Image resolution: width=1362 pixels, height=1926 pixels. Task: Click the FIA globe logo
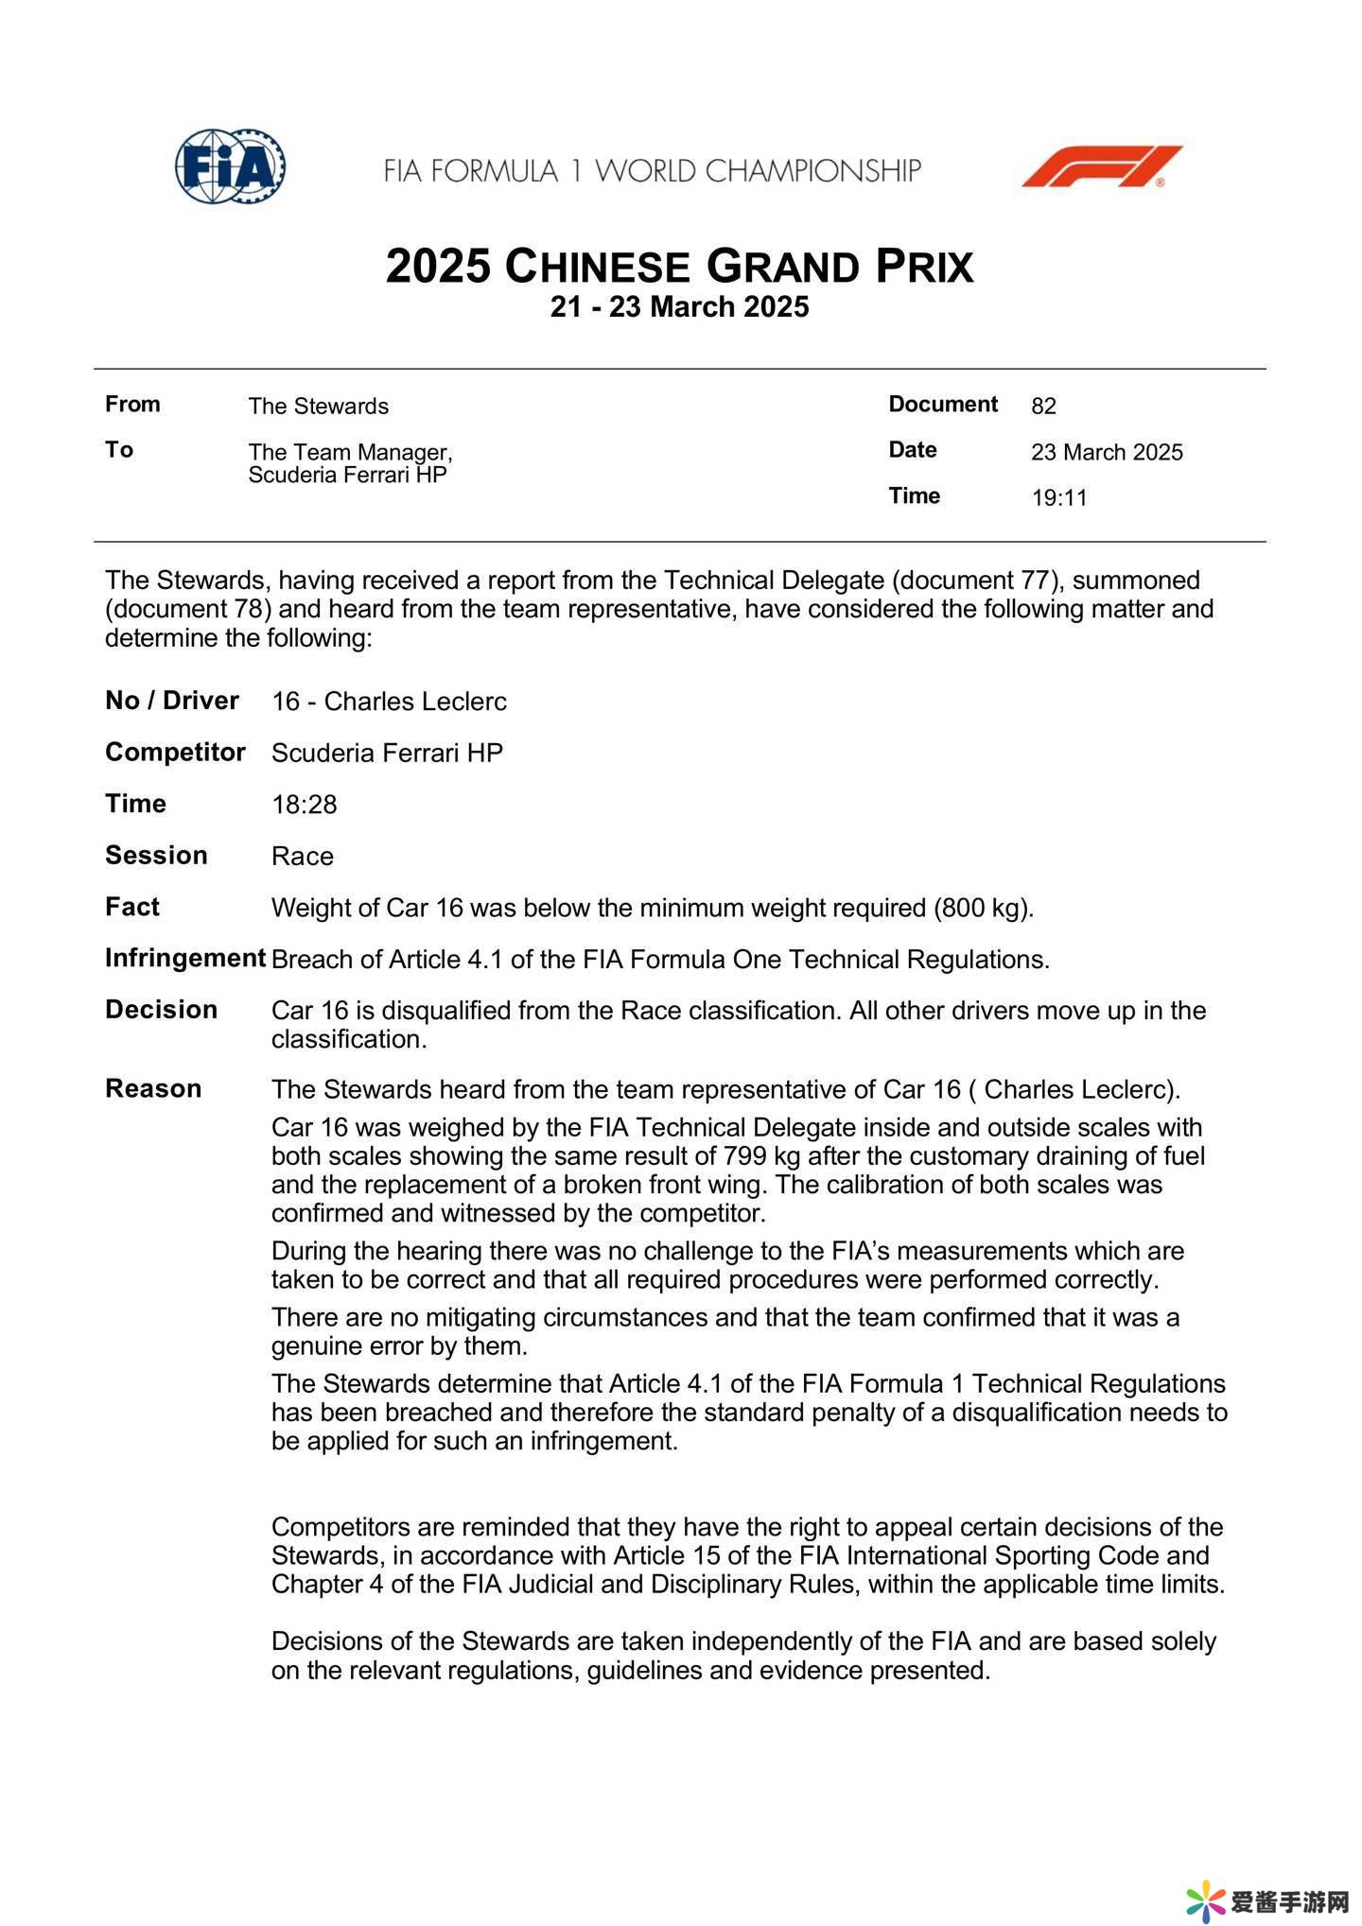click(230, 166)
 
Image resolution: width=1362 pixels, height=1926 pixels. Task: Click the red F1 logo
click(1102, 166)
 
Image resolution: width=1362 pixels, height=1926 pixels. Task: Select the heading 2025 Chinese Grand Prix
click(679, 267)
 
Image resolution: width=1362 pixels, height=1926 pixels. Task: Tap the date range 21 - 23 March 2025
click(679, 307)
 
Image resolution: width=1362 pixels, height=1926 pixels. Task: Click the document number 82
click(1043, 407)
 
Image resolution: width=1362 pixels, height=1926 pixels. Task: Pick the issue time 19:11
click(1059, 498)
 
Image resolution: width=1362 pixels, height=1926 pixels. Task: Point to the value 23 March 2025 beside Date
click(1107, 452)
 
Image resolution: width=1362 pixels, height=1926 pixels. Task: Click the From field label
click(132, 405)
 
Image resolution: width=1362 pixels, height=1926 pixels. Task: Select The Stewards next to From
click(318, 407)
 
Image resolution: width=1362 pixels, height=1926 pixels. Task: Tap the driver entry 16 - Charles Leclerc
click(389, 702)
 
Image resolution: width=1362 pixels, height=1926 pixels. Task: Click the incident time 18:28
click(304, 805)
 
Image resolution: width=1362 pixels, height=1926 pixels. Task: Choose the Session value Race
click(302, 857)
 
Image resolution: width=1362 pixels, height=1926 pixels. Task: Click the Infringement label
click(184, 959)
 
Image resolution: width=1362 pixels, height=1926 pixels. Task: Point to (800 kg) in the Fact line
click(983, 909)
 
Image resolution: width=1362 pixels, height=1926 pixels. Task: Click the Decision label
click(161, 1010)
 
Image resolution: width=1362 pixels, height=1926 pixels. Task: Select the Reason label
click(153, 1089)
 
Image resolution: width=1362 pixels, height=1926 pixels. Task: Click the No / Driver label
click(171, 701)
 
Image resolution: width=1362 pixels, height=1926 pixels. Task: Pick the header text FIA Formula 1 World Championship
click(653, 171)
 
